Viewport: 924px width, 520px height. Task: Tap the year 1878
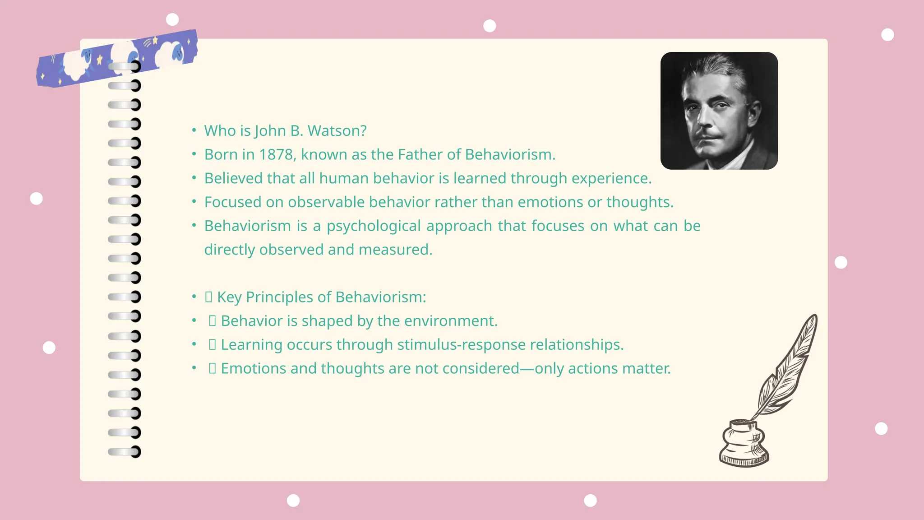(277, 155)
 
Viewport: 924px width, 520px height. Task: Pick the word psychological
(374, 226)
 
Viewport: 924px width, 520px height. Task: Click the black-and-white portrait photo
(719, 111)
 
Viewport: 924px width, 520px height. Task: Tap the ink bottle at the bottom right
(743, 444)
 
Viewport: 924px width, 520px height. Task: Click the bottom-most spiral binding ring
(125, 451)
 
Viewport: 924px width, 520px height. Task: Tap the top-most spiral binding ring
(125, 67)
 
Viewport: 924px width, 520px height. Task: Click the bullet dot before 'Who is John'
(194, 130)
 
